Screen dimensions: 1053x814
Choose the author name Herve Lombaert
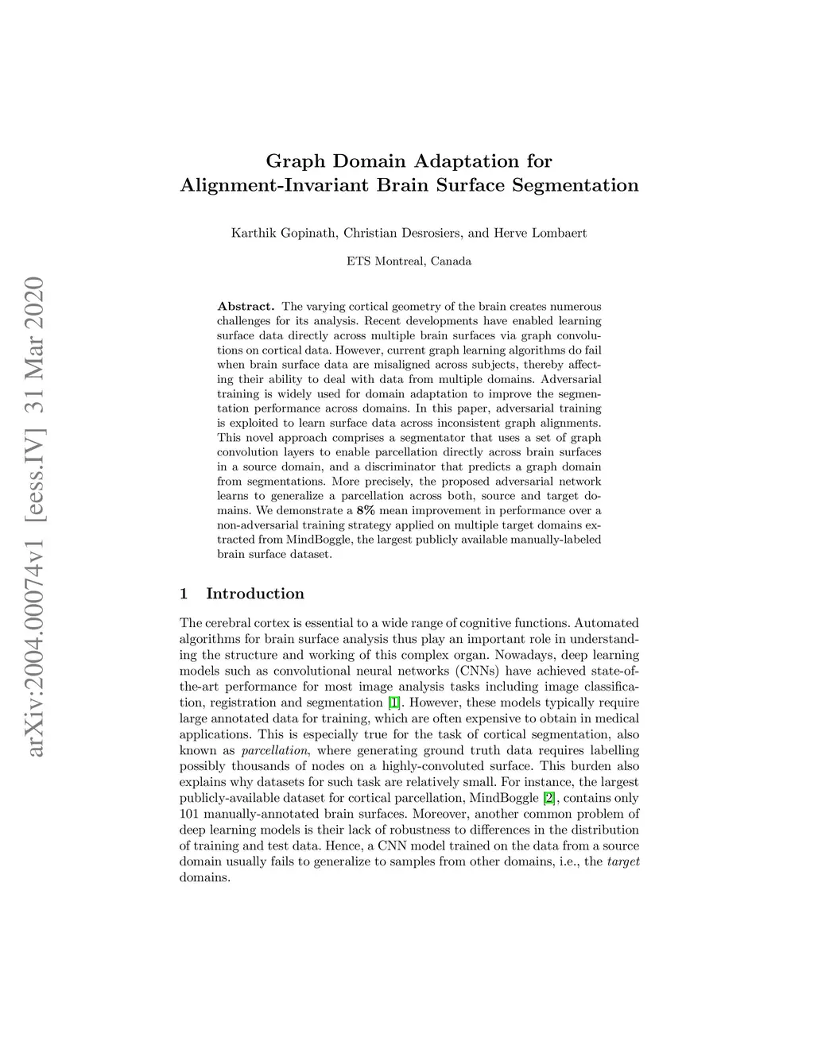point(541,234)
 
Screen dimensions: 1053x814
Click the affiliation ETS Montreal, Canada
point(409,261)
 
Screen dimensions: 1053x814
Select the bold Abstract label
point(246,307)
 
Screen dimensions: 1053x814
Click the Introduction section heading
point(254,594)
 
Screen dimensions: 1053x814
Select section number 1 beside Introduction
point(184,594)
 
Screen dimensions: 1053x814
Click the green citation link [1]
point(394,703)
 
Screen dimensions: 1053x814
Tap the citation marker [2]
point(548,799)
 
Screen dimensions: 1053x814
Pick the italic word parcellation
point(274,751)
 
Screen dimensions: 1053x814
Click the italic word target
point(623,862)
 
